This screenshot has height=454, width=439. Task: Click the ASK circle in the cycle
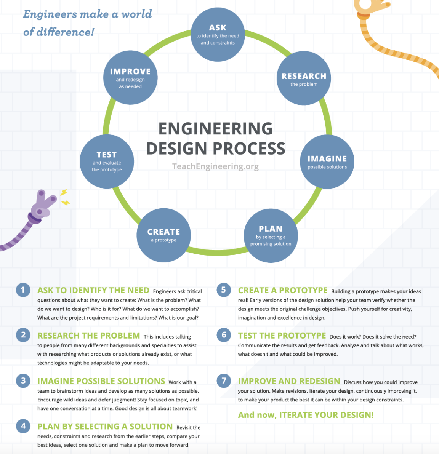pos(218,34)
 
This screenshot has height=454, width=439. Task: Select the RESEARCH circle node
pos(304,78)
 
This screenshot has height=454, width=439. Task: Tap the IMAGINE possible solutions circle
pos(327,161)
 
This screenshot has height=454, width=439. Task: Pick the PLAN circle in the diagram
pos(271,235)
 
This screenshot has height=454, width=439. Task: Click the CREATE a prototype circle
pos(164,235)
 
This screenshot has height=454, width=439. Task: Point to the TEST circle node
pos(107,161)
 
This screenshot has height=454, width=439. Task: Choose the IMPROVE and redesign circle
pos(130,78)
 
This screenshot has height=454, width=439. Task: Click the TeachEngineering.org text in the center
pos(215,166)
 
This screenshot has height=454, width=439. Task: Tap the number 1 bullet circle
pos(23,290)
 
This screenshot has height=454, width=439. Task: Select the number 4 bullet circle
pos(23,426)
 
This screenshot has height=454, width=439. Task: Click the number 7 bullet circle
pos(224,380)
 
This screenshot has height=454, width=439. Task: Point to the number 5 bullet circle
pos(224,290)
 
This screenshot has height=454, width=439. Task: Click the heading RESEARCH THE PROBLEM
pos(89,336)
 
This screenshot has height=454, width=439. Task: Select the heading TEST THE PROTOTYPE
pos(282,336)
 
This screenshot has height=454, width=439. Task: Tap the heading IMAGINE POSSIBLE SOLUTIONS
pos(101,381)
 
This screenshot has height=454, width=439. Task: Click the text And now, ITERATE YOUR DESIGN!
pos(306,415)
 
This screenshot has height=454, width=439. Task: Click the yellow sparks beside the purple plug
pos(64,197)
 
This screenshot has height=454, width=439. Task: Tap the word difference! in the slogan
pos(65,32)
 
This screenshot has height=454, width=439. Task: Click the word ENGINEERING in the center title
pos(215,129)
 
